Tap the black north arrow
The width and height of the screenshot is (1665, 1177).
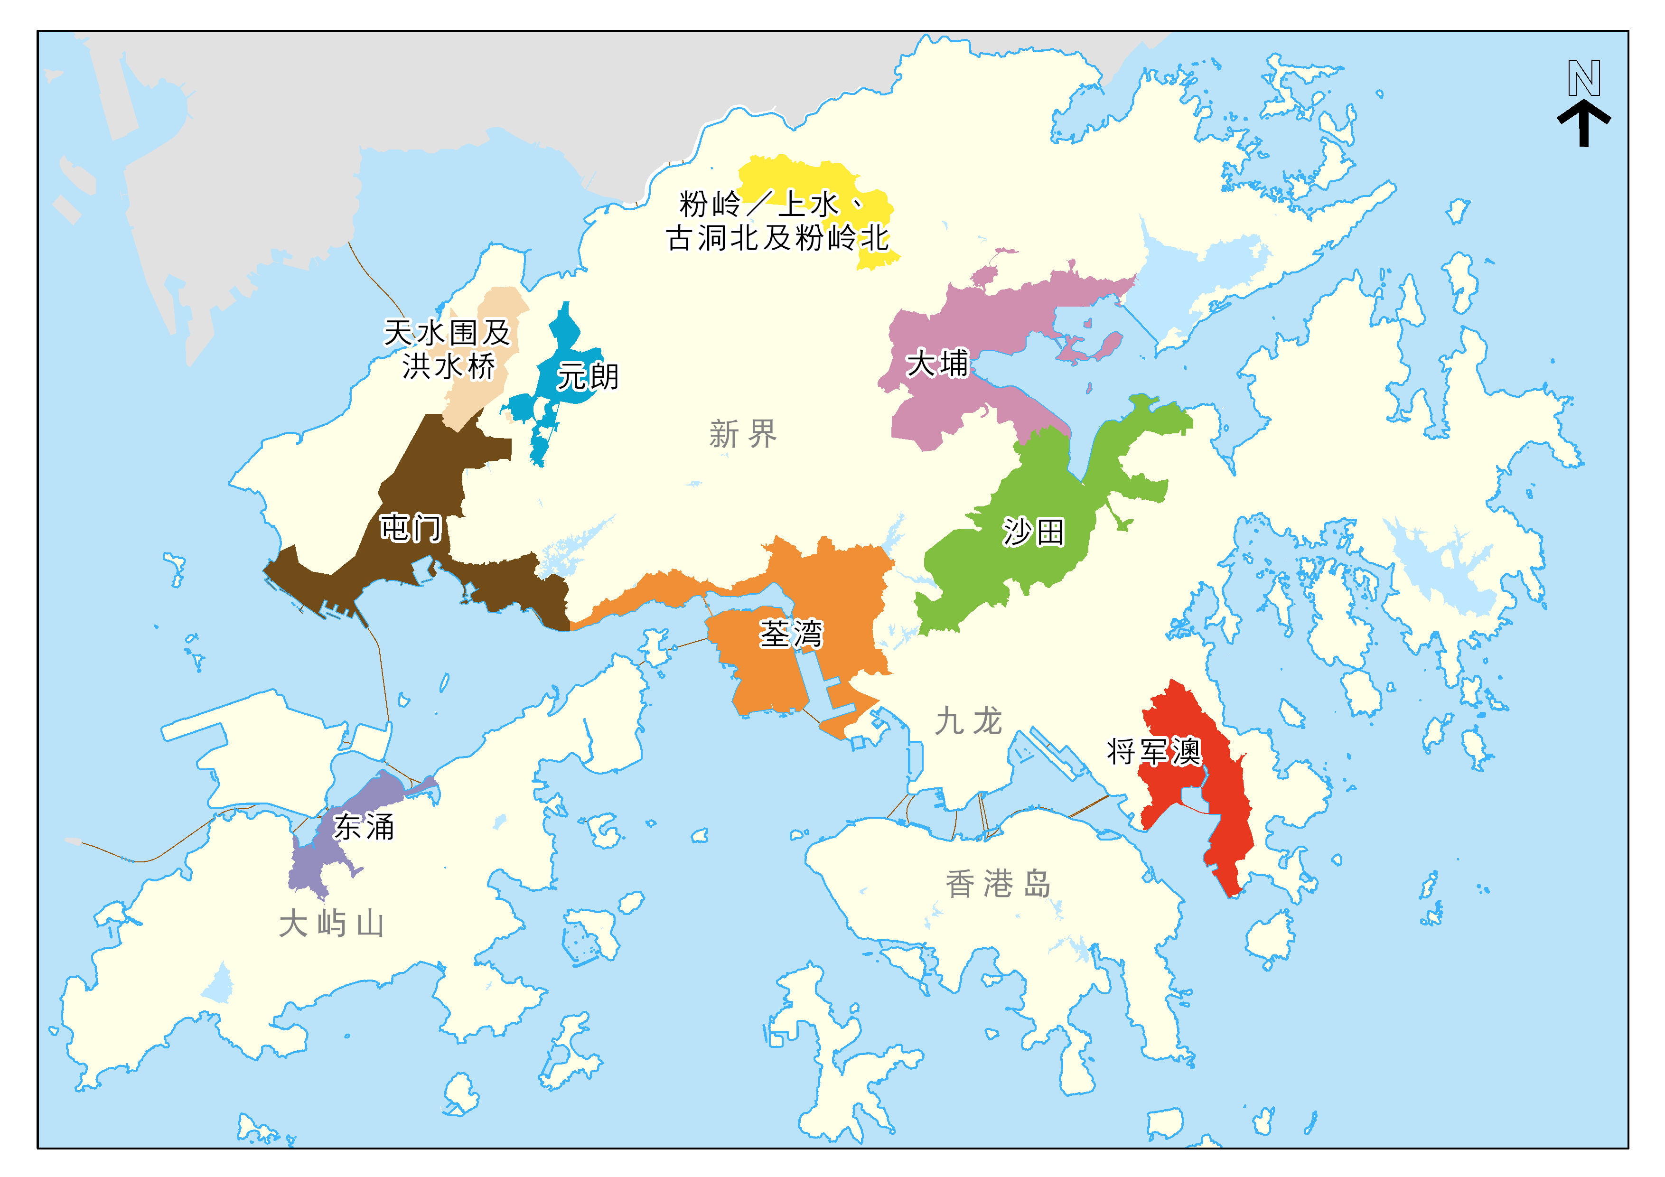(x=1584, y=124)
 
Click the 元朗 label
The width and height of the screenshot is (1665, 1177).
(x=588, y=376)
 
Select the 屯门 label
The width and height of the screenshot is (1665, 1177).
(x=411, y=527)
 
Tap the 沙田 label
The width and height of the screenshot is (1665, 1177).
(x=1033, y=532)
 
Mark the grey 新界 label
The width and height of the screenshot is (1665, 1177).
(x=743, y=434)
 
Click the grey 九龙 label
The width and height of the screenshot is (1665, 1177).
(x=968, y=721)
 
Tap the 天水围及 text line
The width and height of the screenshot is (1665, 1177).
(x=448, y=333)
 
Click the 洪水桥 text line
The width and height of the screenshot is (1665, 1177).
(x=449, y=366)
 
